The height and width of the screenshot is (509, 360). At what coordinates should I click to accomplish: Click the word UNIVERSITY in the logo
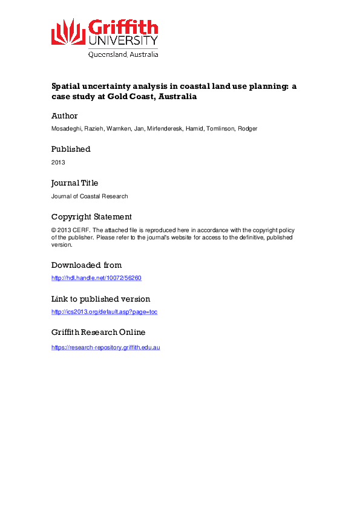(x=123, y=41)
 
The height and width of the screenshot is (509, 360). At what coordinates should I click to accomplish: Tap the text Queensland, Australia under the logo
(x=123, y=54)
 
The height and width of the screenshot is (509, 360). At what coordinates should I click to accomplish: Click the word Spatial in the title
(x=66, y=86)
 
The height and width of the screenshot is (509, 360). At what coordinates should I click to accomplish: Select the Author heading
(x=64, y=115)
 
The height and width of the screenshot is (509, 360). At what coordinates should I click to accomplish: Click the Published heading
(x=71, y=149)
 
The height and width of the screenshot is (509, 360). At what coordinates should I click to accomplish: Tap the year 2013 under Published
(x=58, y=162)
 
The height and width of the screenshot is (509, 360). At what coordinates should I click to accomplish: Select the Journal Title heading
(x=74, y=183)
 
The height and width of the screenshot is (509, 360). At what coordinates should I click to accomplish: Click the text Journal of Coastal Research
(x=90, y=196)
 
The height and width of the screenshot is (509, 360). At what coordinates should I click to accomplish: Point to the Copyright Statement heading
(x=91, y=216)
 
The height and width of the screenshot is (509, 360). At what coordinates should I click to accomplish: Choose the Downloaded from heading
(x=87, y=265)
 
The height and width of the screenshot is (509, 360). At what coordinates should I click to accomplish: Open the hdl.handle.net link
(x=96, y=278)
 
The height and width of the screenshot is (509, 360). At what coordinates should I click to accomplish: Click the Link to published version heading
(x=100, y=299)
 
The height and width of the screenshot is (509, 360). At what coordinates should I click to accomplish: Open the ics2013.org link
(x=104, y=312)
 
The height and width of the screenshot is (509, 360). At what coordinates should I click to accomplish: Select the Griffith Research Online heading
(x=98, y=332)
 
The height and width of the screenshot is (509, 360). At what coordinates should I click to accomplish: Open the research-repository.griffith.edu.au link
(x=105, y=347)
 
